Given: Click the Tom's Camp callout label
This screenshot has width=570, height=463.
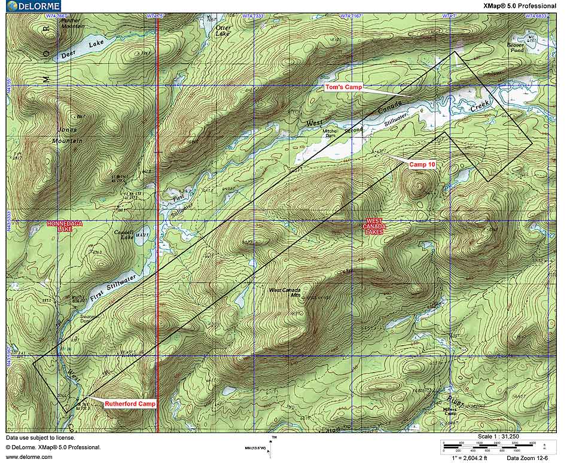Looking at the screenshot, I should pos(343,87).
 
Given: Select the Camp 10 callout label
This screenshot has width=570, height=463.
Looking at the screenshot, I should pos(422,164).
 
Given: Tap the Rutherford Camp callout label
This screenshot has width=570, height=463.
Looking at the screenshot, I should pos(130,404).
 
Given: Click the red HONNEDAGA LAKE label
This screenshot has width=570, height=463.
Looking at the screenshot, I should pos(64,227).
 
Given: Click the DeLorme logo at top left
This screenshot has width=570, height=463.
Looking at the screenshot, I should pos(31,6).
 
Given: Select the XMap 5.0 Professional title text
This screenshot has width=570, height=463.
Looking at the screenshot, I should pos(519,6).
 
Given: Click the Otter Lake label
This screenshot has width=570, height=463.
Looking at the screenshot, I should pos(222,31).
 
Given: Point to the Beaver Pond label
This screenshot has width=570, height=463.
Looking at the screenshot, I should pos(516,47).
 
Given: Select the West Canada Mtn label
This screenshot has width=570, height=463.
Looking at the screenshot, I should pos(285,293).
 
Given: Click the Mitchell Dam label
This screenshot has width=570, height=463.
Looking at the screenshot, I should pos(330,133).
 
